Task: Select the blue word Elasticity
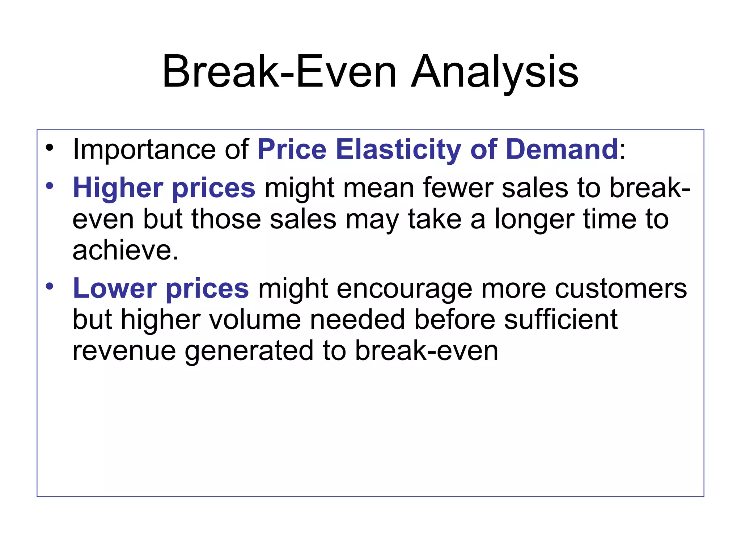398,149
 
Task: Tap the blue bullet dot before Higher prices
50,186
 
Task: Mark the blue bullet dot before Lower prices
50,287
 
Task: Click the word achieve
125,250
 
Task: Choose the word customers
621,288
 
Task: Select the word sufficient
560,320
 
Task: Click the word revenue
124,351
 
